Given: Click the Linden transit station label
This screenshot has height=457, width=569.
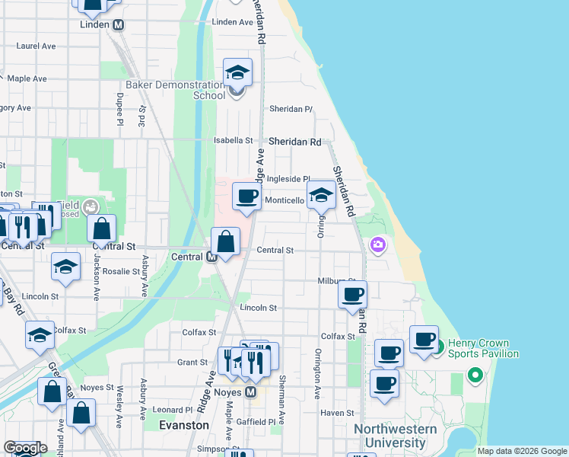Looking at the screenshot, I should tap(96, 24).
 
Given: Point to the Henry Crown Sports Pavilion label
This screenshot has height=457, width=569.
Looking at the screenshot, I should tap(483, 348).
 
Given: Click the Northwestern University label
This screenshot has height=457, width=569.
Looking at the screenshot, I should tap(395, 436).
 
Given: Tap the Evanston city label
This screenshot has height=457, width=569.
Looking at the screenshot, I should tap(184, 425).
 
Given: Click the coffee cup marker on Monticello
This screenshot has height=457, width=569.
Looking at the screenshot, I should tap(246, 197).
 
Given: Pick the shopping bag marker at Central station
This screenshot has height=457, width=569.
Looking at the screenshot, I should tap(226, 242).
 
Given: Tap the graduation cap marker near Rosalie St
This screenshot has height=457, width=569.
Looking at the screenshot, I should tap(66, 267).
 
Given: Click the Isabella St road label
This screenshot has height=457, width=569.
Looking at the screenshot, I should tap(233, 141).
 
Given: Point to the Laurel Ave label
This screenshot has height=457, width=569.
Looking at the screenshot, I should tap(37, 46).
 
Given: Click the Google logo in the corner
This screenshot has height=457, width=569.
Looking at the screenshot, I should tap(25, 448).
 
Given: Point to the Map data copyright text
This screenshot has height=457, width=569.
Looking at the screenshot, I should tap(522, 451).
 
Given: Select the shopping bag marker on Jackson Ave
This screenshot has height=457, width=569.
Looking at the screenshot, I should tap(101, 228).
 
